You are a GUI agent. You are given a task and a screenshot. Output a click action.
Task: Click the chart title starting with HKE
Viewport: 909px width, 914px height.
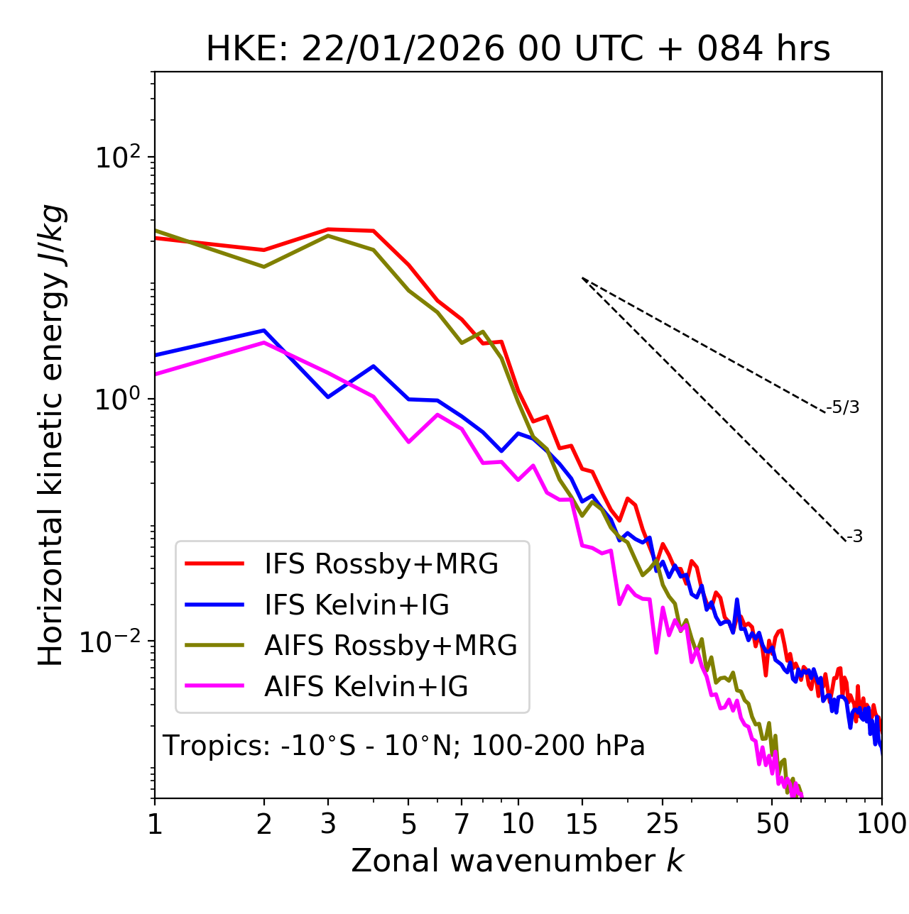point(518,50)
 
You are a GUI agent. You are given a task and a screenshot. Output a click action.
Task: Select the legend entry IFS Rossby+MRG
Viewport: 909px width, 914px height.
point(381,564)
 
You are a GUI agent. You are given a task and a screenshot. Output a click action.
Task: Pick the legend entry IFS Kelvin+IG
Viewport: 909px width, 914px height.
point(356,605)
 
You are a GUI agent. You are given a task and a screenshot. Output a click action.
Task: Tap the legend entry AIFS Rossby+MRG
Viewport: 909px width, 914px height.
point(391,646)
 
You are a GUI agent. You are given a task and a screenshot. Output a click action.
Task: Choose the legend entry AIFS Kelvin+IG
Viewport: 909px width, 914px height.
point(366,687)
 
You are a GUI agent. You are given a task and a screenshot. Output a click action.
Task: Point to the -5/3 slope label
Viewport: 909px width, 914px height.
point(844,408)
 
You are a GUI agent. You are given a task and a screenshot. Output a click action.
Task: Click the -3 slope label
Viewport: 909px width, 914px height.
point(855,537)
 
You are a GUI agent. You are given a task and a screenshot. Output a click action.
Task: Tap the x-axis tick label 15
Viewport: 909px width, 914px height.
point(582,824)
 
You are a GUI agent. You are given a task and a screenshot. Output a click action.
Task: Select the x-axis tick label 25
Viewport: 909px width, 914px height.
point(663,824)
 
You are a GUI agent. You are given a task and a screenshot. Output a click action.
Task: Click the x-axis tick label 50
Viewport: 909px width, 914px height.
point(772,824)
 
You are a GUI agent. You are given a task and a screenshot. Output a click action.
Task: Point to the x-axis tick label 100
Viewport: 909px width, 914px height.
point(881,824)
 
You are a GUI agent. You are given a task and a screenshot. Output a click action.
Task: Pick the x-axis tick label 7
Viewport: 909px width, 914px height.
point(462,824)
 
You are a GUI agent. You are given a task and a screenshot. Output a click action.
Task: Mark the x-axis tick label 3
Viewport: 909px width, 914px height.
point(328,824)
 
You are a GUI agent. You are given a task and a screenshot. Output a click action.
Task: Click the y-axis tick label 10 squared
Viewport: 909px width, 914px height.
point(118,157)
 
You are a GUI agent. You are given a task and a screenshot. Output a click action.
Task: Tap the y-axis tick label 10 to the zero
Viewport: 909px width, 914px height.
point(118,399)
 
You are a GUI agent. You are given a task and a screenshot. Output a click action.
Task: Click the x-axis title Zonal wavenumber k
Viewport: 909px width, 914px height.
point(517,861)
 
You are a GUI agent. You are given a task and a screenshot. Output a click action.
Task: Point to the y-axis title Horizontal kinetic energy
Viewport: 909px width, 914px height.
point(51,435)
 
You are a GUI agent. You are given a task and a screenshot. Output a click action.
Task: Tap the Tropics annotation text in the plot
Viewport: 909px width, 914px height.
point(403,746)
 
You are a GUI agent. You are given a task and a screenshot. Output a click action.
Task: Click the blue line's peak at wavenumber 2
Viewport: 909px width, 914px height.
point(264,330)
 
